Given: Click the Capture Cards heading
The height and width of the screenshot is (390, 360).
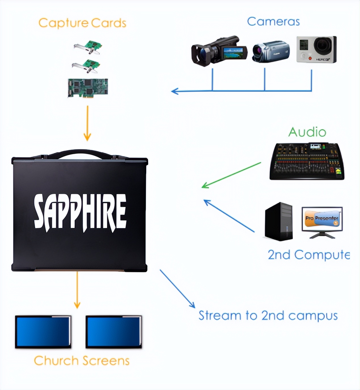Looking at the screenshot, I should (82, 23).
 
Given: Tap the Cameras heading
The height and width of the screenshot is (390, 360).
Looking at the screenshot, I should (273, 22).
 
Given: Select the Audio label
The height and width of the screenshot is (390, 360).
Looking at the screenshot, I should (307, 132).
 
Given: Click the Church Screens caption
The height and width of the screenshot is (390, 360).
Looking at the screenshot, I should (81, 361).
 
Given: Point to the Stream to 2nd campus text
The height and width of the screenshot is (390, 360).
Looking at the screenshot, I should (268, 316).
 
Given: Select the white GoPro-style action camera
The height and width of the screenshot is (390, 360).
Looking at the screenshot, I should (316, 49).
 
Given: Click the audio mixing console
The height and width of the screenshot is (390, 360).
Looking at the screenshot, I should (307, 162).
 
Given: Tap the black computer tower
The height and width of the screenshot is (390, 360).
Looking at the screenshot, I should (279, 221).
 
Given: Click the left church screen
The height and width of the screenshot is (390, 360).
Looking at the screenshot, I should (43, 332).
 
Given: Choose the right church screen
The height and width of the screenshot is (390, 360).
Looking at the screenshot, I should (114, 332).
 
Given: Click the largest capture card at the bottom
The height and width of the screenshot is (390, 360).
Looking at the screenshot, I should (88, 87).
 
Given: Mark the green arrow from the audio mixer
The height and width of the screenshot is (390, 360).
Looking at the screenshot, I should (231, 175).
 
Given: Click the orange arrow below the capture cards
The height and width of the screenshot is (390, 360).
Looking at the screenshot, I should (87, 123).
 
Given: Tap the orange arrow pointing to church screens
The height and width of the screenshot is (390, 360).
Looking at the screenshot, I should (77, 290).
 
